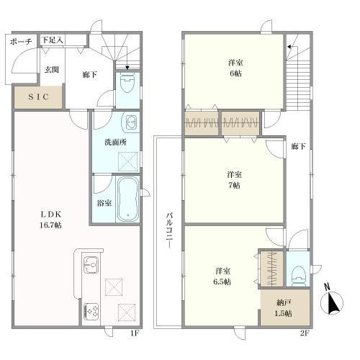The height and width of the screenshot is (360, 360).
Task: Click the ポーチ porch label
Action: point(21,42)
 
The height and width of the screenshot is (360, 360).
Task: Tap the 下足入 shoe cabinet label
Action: point(53,40)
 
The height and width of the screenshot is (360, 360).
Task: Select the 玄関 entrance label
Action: point(52,70)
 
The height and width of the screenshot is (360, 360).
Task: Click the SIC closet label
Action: point(38,97)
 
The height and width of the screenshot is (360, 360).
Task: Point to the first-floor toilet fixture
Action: point(127,84)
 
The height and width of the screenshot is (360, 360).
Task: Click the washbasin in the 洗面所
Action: point(130,122)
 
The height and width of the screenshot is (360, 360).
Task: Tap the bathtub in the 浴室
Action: point(127,199)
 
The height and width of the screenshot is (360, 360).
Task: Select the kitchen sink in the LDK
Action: point(91,265)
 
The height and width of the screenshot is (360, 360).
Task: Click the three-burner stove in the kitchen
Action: point(91,311)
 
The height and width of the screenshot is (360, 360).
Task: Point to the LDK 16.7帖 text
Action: point(50,220)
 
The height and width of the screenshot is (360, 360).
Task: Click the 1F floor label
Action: point(135,333)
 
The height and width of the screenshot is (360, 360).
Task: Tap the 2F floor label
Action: point(304,333)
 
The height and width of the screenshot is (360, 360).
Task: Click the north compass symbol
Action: point(331,300)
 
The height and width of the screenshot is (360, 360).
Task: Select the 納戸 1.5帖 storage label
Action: point(284,308)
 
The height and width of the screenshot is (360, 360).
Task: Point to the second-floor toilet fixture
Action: point(297,276)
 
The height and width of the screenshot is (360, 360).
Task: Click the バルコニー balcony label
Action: point(169,230)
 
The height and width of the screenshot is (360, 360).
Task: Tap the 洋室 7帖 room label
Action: point(234,180)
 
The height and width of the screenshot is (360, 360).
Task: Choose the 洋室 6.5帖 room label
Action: point(222,276)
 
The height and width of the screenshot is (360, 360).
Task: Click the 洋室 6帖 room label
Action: point(235,68)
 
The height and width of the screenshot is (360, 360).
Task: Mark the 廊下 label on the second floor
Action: point(299,146)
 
